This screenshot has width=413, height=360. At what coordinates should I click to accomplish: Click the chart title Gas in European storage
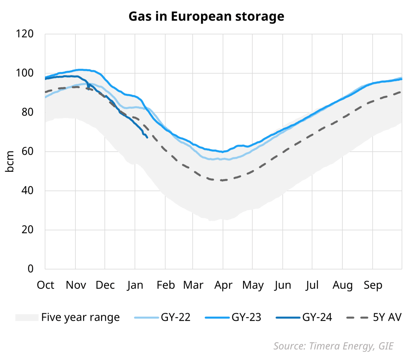pyautogui.click(x=206, y=16)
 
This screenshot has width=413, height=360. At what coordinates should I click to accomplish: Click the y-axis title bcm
pyautogui.click(x=10, y=161)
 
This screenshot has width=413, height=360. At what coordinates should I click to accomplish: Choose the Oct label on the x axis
pyautogui.click(x=46, y=285)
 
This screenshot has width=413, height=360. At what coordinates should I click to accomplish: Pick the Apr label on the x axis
pyautogui.click(x=223, y=285)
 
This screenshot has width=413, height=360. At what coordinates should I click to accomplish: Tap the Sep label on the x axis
pyautogui.click(x=373, y=285)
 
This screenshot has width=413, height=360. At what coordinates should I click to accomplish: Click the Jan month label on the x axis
pyautogui.click(x=135, y=285)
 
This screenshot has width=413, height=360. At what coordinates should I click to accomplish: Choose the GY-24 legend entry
pyautogui.click(x=317, y=318)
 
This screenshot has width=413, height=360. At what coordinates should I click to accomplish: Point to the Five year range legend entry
pyautogui.click(x=80, y=318)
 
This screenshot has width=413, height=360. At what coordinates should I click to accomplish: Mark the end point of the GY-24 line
pyautogui.click(x=147, y=137)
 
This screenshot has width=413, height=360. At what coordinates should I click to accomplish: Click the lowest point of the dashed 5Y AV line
pyautogui.click(x=222, y=180)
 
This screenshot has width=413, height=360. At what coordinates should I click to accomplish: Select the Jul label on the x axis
pyautogui.click(x=312, y=285)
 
